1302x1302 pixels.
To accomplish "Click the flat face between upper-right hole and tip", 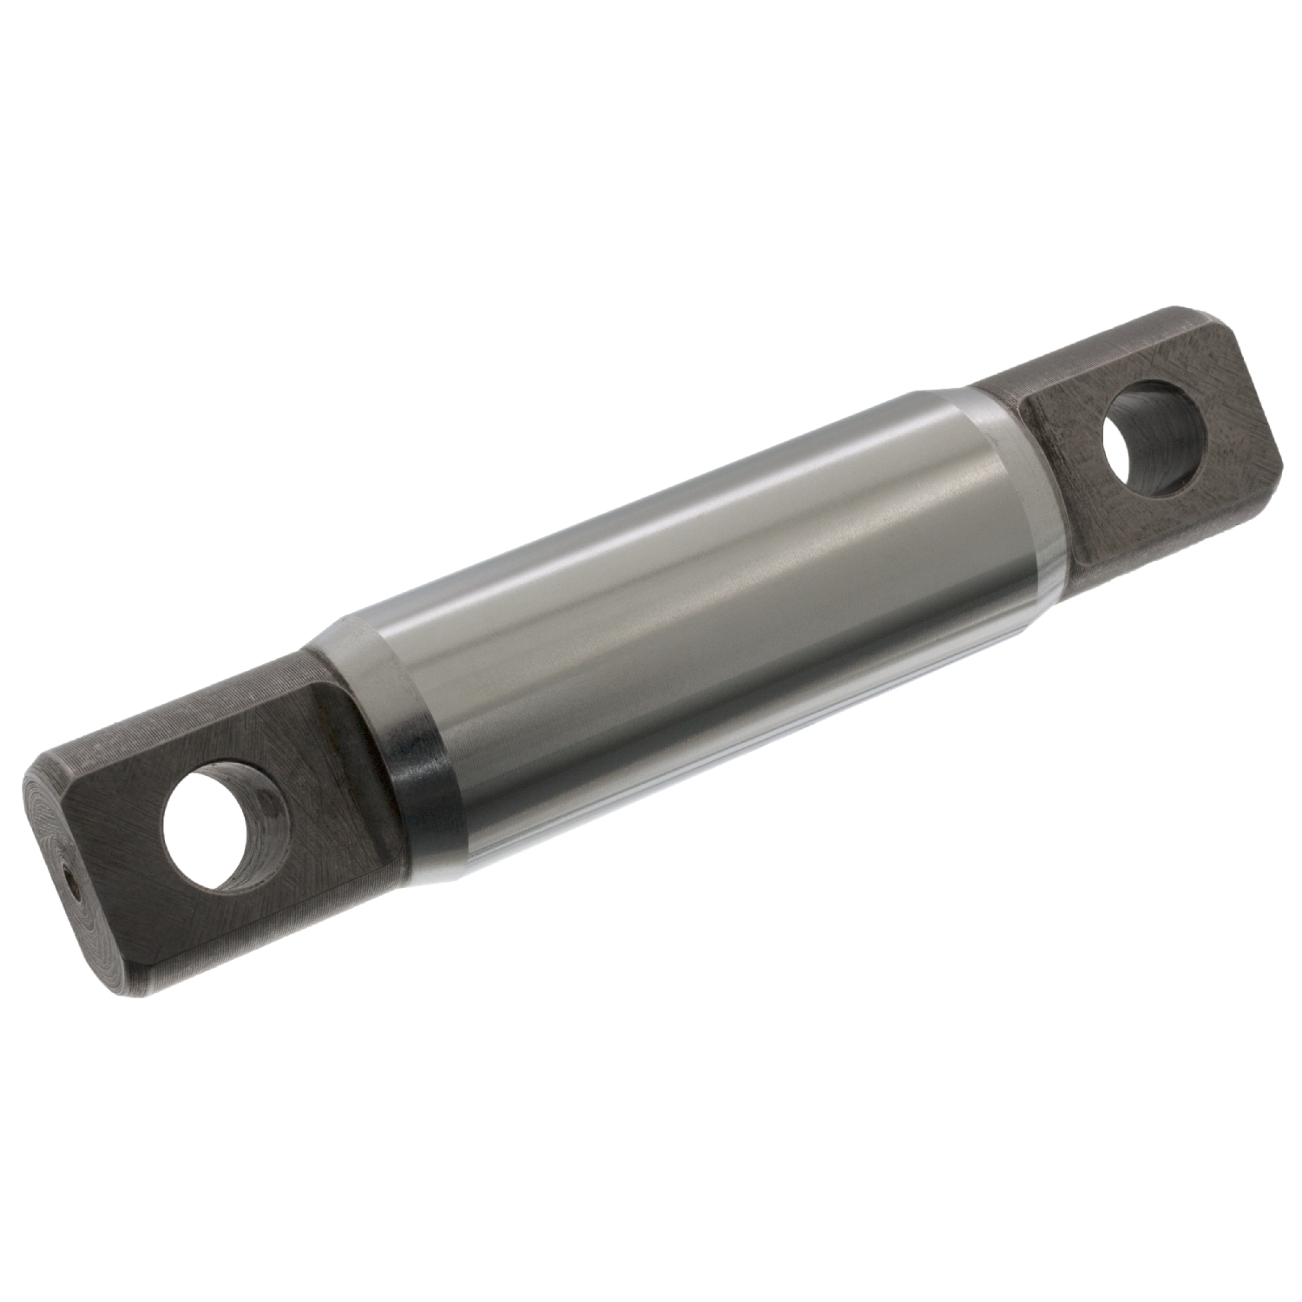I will coord(1233,408).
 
